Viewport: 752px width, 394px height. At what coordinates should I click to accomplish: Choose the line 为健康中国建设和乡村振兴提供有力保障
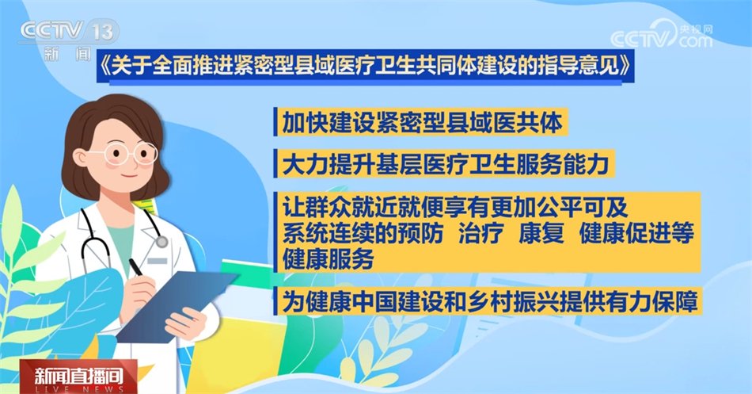484,302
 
